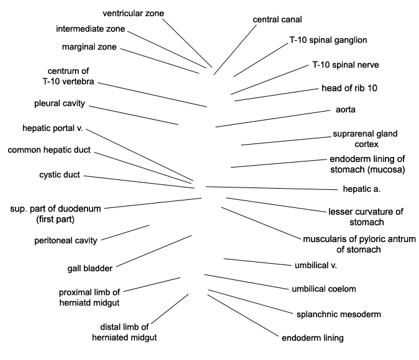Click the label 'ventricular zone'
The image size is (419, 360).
133,14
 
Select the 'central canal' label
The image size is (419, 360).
277,19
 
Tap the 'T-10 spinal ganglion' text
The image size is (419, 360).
328,40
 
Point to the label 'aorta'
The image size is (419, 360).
346,110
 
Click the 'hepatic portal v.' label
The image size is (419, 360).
53,128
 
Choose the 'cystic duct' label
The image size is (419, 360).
60,175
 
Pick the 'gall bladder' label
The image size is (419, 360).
90,268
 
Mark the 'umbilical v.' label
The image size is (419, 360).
315,266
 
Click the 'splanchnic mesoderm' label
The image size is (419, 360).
338,314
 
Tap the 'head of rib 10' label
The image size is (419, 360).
349,88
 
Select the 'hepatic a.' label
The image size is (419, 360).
361,189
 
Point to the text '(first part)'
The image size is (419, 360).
55,220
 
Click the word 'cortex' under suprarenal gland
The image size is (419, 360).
366,145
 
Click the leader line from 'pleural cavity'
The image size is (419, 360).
133,115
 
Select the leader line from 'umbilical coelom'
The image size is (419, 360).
246,282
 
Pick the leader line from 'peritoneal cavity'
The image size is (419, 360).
125,233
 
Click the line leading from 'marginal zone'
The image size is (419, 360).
160,61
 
